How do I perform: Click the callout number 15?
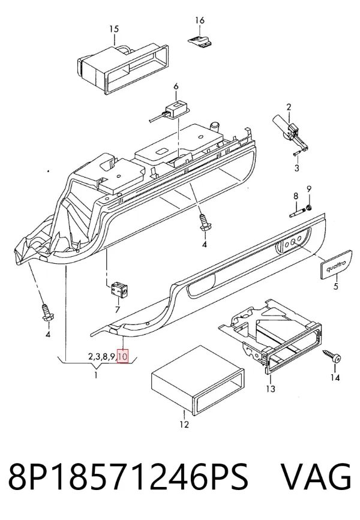114,29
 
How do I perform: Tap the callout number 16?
200,20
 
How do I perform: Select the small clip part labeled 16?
200,40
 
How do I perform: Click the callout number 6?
176,86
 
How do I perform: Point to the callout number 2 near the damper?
289,107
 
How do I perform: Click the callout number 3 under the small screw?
296,168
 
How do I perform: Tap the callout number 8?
296,196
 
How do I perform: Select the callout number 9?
309,190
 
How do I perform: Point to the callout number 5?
336,285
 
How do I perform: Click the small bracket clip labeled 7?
120,290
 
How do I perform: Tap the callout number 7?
117,309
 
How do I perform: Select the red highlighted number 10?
123,357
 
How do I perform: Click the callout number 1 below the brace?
96,375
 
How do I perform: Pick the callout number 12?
184,424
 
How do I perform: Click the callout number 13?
271,388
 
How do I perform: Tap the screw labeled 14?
332,355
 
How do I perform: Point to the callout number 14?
335,377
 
